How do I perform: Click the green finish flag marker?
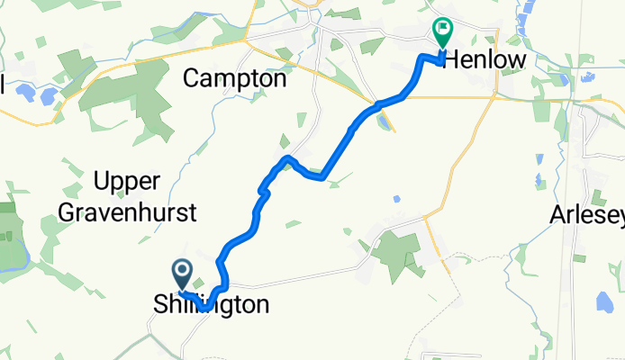pos(443,32)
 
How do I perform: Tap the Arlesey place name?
pos(586,216)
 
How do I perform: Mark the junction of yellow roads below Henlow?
pos(494,94)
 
